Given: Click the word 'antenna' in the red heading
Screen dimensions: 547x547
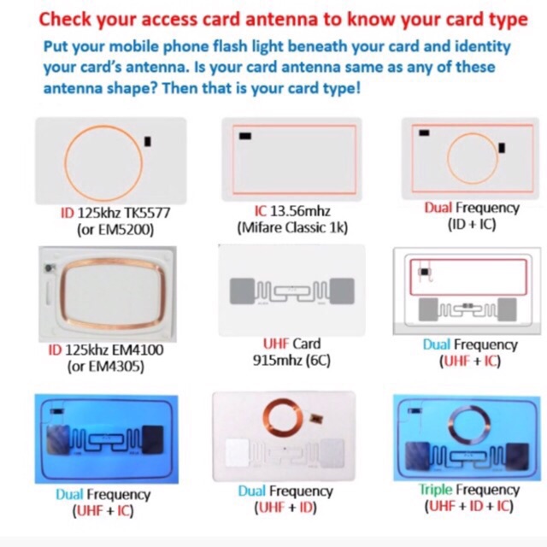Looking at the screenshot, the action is pyautogui.click(x=282, y=19).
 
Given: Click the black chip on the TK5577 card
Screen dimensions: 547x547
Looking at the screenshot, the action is pyautogui.click(x=148, y=141).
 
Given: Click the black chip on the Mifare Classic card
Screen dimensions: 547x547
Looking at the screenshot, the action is pyautogui.click(x=245, y=136).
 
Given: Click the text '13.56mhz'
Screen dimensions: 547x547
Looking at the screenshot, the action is pyautogui.click(x=300, y=211).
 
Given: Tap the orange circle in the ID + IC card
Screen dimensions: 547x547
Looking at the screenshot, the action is pyautogui.click(x=473, y=133).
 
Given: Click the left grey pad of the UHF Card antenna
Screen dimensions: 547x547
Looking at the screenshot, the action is pyautogui.click(x=242, y=291).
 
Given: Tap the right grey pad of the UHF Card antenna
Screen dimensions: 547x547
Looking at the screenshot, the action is pyautogui.click(x=342, y=291).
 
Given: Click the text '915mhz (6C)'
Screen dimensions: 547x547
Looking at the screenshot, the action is pyautogui.click(x=291, y=361).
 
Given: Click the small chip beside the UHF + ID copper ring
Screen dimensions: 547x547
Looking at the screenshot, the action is pyautogui.click(x=316, y=418).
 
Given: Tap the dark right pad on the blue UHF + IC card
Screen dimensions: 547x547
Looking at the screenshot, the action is pyautogui.click(x=152, y=439).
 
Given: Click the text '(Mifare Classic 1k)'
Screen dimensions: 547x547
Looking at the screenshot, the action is pyautogui.click(x=292, y=228).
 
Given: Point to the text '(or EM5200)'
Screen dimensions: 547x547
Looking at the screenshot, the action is pyautogui.click(x=115, y=230).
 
